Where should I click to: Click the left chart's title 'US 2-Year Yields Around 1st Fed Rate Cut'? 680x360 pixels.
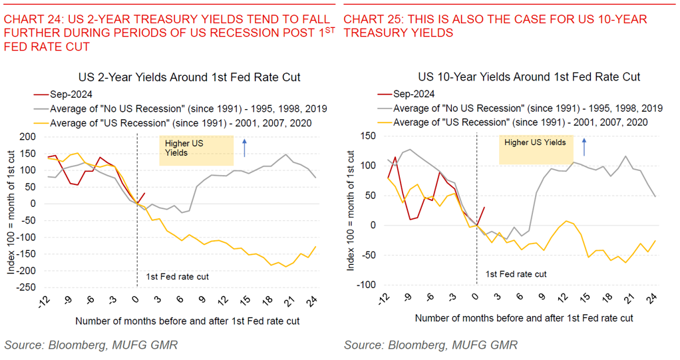click(189, 77)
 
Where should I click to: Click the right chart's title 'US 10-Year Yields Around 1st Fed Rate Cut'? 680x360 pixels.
click(529, 77)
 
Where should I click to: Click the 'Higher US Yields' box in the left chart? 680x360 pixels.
click(196, 151)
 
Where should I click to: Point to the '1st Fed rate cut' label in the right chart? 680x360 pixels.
click(516, 273)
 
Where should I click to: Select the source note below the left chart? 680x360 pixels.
click(90, 345)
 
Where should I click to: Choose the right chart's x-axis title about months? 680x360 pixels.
click(524, 319)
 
